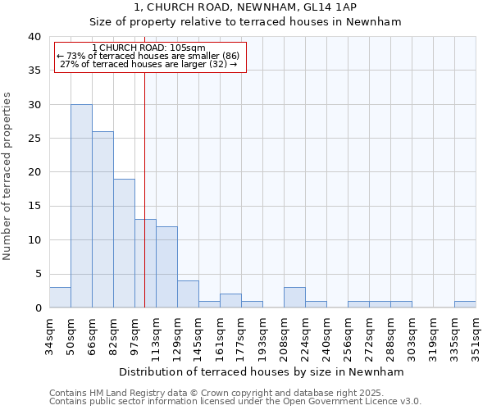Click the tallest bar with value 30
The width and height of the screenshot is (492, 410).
tap(81, 206)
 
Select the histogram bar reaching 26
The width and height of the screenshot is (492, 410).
tap(102, 220)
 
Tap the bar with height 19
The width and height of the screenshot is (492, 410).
tap(124, 244)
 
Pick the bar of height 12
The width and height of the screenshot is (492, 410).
tap(166, 266)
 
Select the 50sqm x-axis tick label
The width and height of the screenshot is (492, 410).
tap(71, 336)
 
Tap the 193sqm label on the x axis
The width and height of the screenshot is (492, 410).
tap(262, 336)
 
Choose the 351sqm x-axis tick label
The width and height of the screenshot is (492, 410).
tap(476, 336)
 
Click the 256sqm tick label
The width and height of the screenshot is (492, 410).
tap(348, 336)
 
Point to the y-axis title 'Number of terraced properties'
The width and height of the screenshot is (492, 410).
tap(8, 175)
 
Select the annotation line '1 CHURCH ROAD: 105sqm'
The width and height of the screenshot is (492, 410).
tap(149, 48)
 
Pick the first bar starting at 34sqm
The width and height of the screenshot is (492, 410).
tap(60, 298)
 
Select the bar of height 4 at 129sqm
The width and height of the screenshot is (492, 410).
tap(188, 294)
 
